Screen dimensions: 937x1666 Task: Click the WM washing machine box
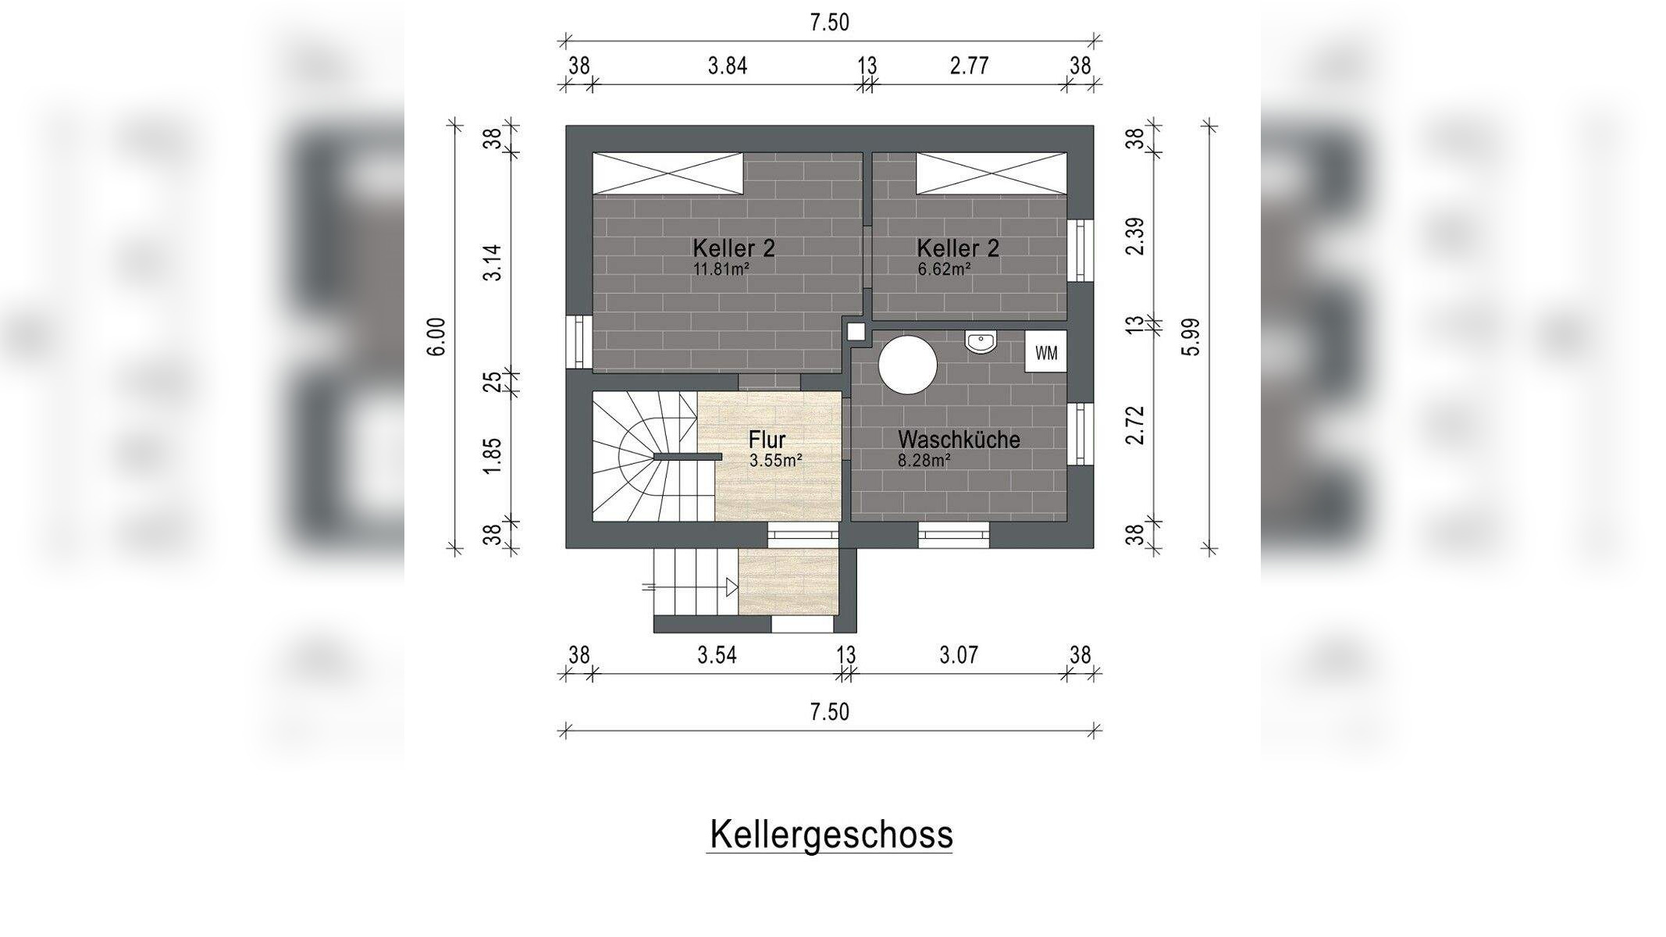coord(1046,353)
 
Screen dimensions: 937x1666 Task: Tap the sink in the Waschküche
coord(981,342)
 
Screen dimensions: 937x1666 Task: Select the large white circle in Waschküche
coord(907,365)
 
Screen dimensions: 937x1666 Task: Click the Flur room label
coord(767,440)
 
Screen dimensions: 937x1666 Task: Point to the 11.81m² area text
coord(721,269)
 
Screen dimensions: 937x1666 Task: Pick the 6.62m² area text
coord(944,269)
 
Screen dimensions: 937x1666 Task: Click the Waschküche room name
coord(959,440)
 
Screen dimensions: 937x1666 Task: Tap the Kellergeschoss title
coord(831,835)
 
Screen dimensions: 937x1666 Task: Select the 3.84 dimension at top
coord(728,66)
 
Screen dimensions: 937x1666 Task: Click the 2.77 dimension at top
coord(970,66)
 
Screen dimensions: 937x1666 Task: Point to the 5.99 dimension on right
coord(1191,337)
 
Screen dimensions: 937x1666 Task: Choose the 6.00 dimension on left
coord(437,337)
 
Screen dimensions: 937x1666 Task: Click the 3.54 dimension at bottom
coord(717,655)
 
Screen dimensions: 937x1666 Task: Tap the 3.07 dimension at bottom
coord(959,655)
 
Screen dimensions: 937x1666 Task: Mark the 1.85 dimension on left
coord(492,455)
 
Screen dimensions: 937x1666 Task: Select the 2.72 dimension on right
coord(1136,426)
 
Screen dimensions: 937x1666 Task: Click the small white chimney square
coord(856,331)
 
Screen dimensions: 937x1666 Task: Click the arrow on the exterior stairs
coord(732,586)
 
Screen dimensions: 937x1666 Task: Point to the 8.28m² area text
coord(924,461)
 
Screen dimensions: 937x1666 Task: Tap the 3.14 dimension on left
coord(492,263)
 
